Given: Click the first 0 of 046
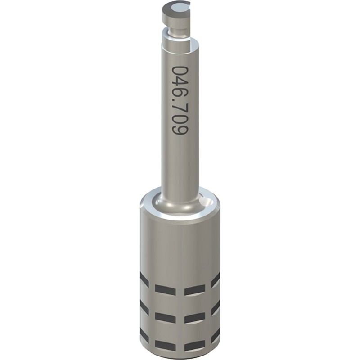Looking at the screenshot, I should click(x=180, y=72).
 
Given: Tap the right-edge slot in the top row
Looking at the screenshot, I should click(x=216, y=279).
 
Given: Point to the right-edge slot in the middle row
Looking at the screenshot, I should click(x=216, y=308).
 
